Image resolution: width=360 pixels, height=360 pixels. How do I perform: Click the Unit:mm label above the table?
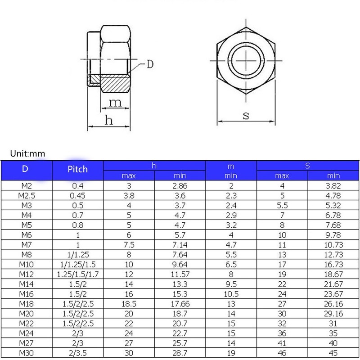[x=28, y=153]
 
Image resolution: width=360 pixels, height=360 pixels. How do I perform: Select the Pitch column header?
[x=78, y=170]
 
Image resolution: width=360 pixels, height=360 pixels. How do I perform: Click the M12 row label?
[x=27, y=274]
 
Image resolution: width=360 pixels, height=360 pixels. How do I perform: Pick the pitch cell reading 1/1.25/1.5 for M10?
[x=78, y=264]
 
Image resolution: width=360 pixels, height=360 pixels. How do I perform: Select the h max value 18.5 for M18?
[x=129, y=304]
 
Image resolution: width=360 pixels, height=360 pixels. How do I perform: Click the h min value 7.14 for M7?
[x=180, y=244]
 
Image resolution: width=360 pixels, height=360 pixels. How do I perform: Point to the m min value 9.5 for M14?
[x=231, y=284]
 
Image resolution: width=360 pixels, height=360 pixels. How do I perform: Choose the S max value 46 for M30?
[x=282, y=353]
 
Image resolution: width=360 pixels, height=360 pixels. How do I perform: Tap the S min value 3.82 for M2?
[x=333, y=185]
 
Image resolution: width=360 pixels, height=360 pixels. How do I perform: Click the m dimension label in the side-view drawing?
[x=116, y=103]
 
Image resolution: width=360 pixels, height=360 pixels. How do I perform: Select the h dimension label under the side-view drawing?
[x=108, y=120]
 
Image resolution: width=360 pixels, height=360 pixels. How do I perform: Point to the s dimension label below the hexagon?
[x=246, y=115]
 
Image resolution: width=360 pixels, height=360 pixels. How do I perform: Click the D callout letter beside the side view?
[x=149, y=64]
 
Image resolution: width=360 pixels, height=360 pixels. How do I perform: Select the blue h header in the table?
[x=154, y=166]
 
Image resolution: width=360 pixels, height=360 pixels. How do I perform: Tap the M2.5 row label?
[x=27, y=195]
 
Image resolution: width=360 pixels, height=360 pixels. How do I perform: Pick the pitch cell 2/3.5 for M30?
[x=78, y=353]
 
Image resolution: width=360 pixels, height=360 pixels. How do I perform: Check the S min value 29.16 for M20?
[x=333, y=314]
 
